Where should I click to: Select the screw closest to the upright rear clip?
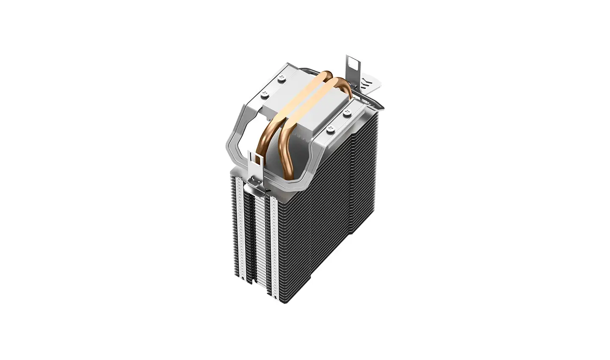348,112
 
